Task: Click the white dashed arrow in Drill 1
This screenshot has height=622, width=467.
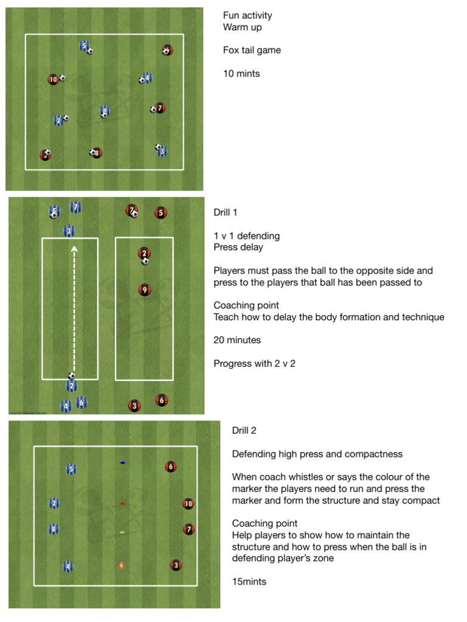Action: tap(73, 310)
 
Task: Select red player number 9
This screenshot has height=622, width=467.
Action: tap(144, 290)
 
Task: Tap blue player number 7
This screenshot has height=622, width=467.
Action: tap(75, 208)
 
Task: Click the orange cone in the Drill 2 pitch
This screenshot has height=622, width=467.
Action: tap(121, 566)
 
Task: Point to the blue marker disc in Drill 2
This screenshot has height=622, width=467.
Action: tap(122, 463)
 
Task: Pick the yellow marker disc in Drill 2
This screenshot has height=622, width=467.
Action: tap(122, 532)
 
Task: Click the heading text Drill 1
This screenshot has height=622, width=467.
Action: tap(226, 213)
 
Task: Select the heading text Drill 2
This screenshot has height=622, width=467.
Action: tap(244, 430)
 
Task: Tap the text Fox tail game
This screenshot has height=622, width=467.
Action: tap(252, 50)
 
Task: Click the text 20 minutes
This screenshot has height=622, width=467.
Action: tap(237, 340)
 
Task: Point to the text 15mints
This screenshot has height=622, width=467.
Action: tap(249, 581)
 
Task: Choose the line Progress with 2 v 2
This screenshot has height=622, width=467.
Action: tap(254, 363)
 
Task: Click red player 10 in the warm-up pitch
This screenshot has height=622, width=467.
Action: tap(54, 79)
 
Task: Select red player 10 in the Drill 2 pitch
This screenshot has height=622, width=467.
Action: tap(189, 504)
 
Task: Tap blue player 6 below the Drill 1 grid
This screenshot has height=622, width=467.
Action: tap(81, 402)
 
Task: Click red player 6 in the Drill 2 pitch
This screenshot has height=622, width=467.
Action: tap(171, 466)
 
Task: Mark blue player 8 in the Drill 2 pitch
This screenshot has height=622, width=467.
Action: tap(54, 529)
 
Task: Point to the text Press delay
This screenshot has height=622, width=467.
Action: tap(237, 247)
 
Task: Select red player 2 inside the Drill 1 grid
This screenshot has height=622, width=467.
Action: tap(144, 253)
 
